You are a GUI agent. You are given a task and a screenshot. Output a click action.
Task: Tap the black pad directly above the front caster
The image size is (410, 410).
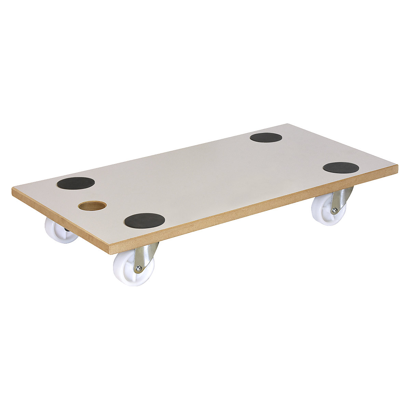pos(145,221)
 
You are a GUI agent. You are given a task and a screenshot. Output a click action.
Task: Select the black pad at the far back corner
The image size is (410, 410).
pos(266,138)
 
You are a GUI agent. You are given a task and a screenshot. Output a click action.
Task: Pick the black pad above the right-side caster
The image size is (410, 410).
pos(341,168)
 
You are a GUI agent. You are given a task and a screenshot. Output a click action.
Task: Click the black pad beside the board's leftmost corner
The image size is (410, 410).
pos(76,183)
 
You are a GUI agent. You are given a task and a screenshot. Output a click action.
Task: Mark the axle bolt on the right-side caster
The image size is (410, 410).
pos(334,210)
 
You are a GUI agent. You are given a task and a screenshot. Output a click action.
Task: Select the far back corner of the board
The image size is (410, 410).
pos(287,124)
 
